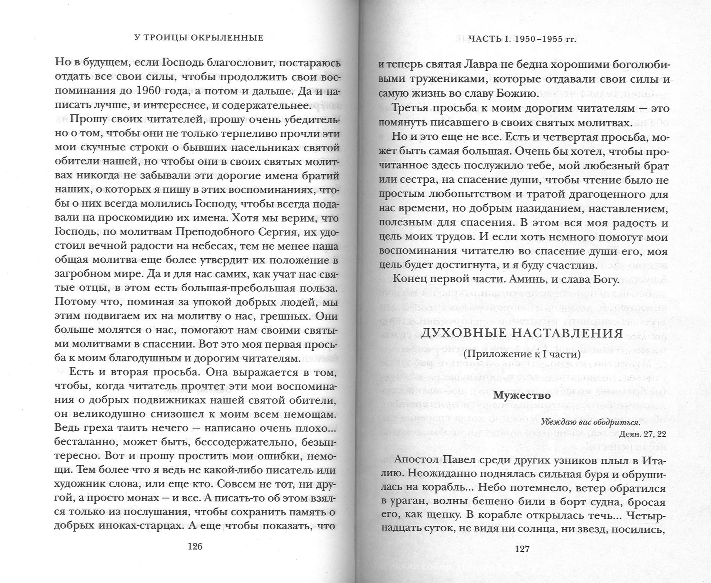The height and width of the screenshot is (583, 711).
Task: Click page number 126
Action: [195, 546]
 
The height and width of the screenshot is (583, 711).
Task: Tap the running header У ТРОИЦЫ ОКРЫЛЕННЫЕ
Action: [199, 38]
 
